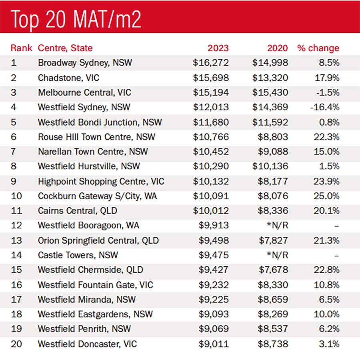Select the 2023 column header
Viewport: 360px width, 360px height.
(218, 48)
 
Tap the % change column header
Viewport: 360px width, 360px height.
(318, 48)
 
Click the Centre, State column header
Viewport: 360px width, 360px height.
(65, 48)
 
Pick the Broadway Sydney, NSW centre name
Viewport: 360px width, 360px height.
(85, 63)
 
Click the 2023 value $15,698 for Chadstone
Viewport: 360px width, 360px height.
(211, 78)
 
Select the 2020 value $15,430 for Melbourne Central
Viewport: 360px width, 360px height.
(270, 92)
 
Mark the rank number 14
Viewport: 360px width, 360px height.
(16, 255)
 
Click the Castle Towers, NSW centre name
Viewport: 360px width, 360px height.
(78, 255)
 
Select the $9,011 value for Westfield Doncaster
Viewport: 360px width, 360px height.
(214, 344)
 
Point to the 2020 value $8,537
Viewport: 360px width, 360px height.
(273, 329)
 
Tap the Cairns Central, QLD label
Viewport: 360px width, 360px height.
(77, 211)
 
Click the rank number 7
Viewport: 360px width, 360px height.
(14, 152)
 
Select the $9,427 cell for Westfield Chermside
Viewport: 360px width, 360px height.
(214, 270)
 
